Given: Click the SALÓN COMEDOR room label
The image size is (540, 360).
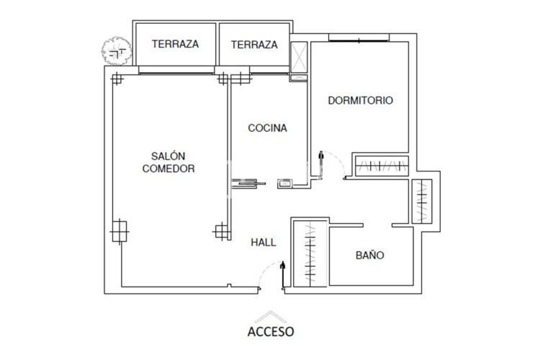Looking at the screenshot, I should click(x=169, y=162).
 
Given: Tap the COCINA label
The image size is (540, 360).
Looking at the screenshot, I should click(x=268, y=128).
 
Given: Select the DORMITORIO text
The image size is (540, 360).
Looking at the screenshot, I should click(x=360, y=101).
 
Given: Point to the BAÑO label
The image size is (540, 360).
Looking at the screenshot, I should click(x=369, y=256).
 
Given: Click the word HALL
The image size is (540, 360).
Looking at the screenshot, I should click(x=264, y=243).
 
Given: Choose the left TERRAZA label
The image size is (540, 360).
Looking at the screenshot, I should click(x=175, y=44).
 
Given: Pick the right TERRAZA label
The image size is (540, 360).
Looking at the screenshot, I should click(x=254, y=44).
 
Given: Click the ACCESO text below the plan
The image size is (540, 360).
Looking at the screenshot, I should click(x=271, y=332).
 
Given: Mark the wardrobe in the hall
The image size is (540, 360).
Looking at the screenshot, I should click(x=309, y=254).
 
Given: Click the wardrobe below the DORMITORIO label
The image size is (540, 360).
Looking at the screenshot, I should click(x=381, y=166).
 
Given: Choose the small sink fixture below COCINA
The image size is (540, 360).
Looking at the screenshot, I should click(x=285, y=184).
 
